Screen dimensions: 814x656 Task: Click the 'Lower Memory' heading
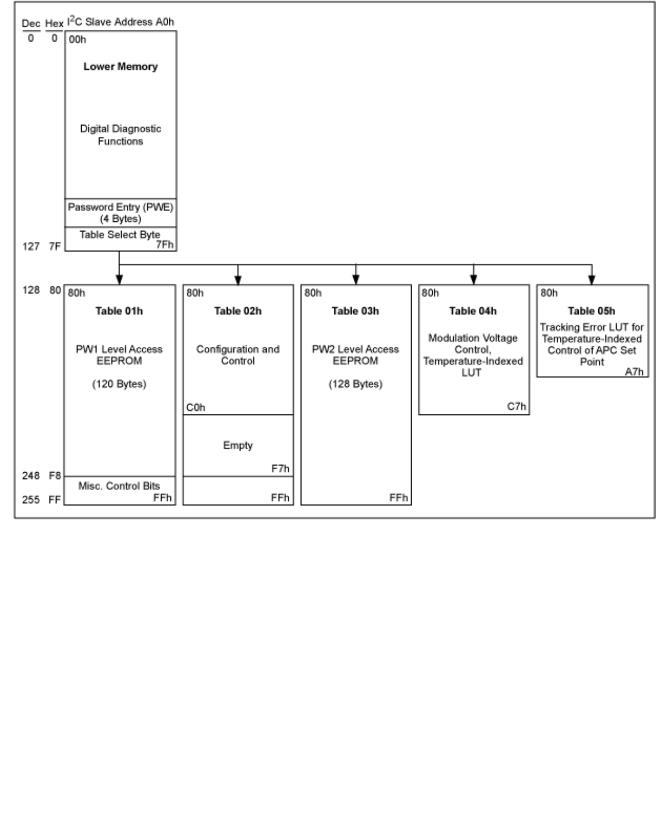click(121, 67)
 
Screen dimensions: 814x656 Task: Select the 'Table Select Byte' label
click(119, 235)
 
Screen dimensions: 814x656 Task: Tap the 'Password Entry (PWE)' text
click(121, 208)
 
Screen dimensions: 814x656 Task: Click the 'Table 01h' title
click(119, 311)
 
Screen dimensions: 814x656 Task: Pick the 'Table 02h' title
click(238, 311)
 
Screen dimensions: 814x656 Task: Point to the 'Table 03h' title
click(355, 311)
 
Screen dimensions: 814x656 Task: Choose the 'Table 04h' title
click(473, 311)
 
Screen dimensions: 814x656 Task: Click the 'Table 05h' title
click(592, 311)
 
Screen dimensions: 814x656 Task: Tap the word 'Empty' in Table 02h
click(238, 446)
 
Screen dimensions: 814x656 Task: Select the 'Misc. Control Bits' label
click(119, 486)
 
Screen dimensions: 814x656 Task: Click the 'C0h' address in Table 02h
click(196, 408)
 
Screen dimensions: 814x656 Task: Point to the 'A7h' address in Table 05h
click(634, 372)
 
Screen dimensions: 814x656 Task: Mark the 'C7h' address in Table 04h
click(517, 407)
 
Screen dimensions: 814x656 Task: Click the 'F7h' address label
click(281, 469)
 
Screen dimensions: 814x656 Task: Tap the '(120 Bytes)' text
click(119, 384)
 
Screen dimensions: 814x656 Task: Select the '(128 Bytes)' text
click(355, 384)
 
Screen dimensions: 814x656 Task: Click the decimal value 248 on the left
click(31, 476)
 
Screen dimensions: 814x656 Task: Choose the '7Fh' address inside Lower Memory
click(164, 245)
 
